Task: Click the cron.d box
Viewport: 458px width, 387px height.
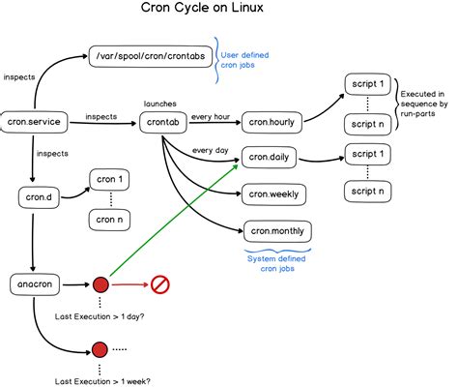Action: click(35, 197)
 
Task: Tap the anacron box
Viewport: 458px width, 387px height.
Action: click(35, 284)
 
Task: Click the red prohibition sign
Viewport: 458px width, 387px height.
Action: click(160, 284)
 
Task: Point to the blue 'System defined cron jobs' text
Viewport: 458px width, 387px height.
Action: click(273, 262)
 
